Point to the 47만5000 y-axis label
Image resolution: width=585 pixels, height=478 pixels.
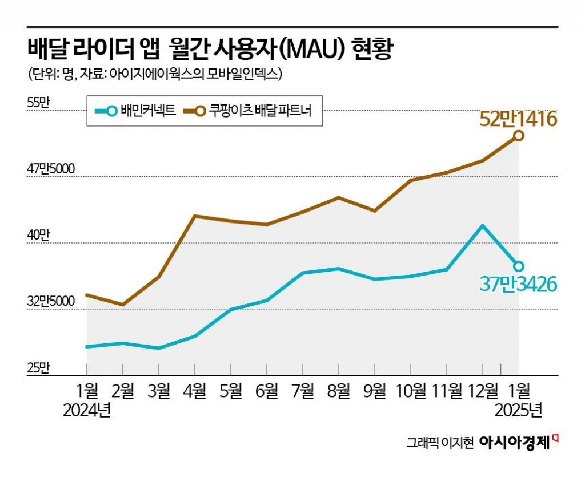[x=51, y=169]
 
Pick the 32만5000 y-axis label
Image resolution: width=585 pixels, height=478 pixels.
[x=51, y=301]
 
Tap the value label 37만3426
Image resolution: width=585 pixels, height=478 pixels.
[x=518, y=283]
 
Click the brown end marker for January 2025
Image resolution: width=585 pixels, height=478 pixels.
[x=519, y=135]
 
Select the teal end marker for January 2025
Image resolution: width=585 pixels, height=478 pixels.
[x=519, y=266]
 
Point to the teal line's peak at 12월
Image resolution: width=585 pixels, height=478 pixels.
[x=483, y=226]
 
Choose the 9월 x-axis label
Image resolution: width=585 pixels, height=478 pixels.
[x=375, y=391]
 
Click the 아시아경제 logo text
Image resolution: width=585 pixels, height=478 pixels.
[x=514, y=443]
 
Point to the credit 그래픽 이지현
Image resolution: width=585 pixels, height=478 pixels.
[x=440, y=443]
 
